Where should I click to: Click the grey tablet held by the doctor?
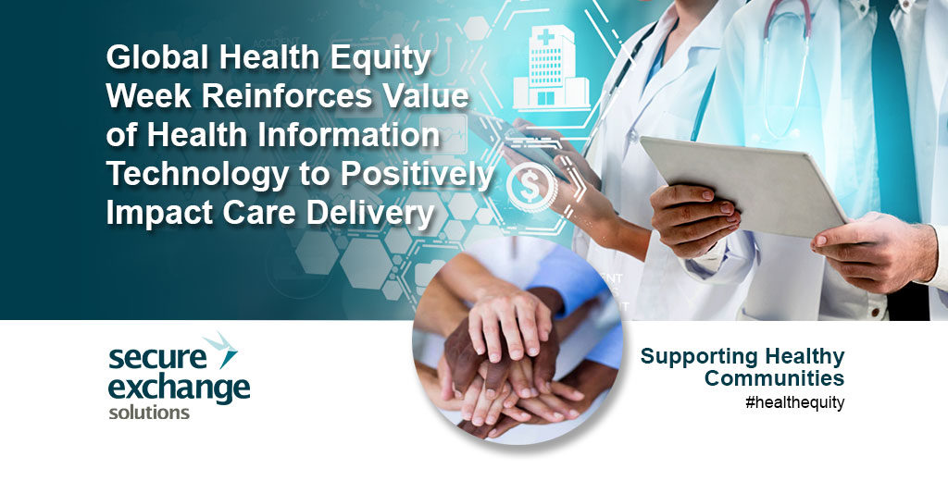[x=743, y=184]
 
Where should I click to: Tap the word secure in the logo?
[x=157, y=358]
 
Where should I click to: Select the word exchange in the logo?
[x=179, y=388]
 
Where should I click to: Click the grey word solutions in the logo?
[x=149, y=413]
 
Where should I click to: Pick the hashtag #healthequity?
[x=794, y=402]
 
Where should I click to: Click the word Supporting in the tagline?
[x=693, y=357]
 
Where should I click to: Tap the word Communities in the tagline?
[x=774, y=378]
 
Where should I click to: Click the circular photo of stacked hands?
[x=518, y=340]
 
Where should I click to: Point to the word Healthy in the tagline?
[x=799, y=357]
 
